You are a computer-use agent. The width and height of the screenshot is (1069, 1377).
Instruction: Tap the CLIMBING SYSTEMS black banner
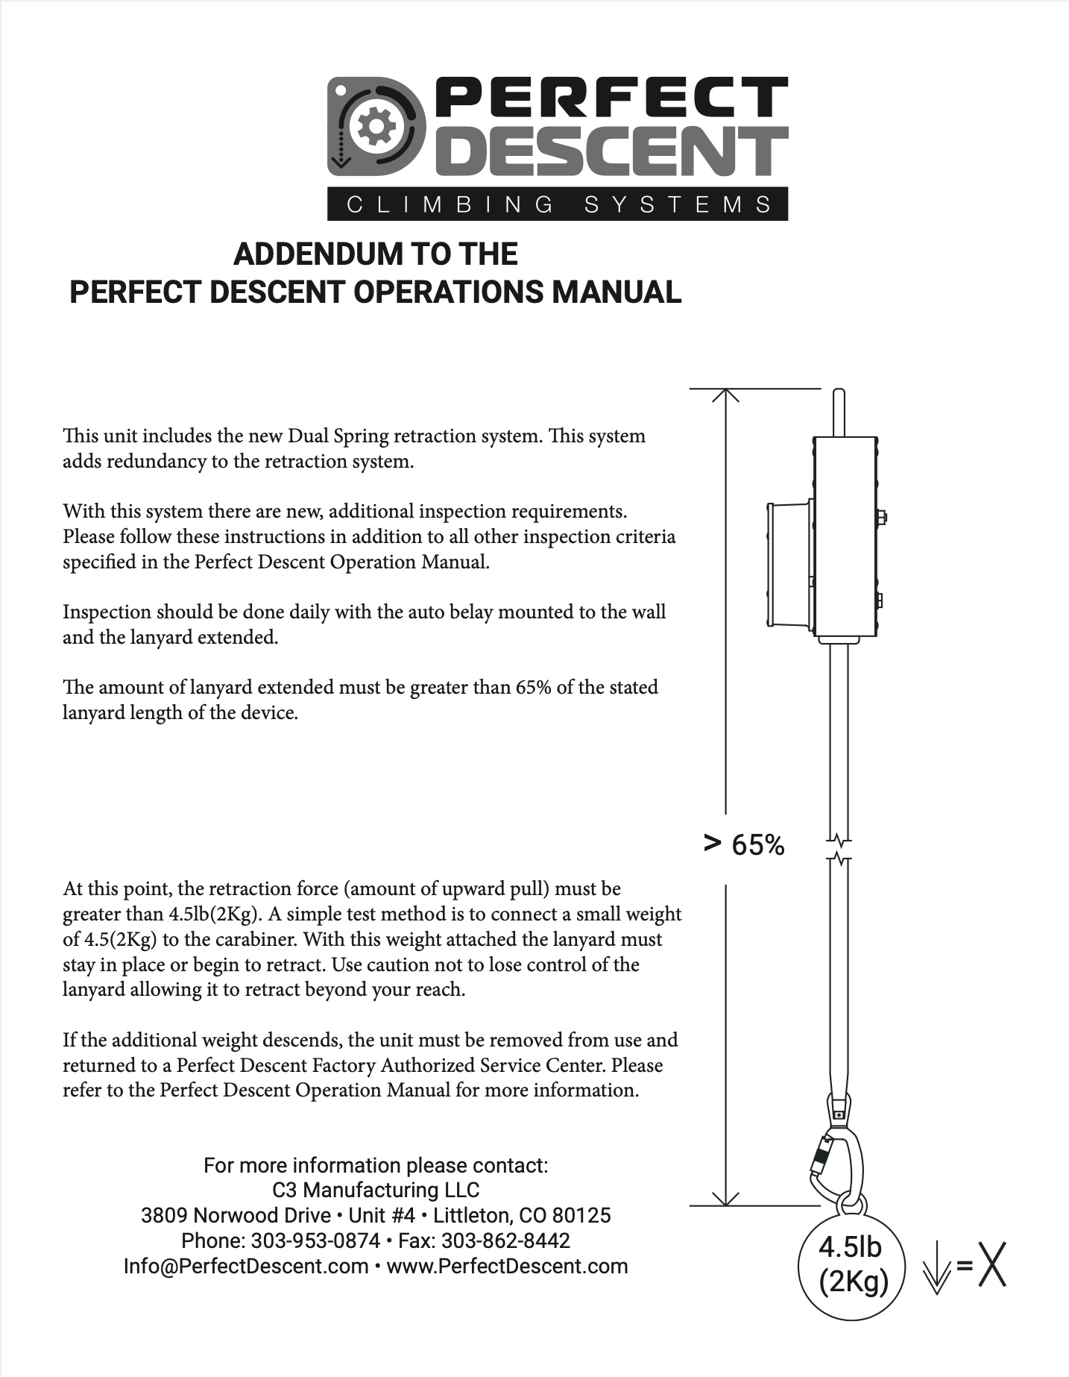coord(558,204)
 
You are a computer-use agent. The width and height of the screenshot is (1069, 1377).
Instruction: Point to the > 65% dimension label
coord(744,844)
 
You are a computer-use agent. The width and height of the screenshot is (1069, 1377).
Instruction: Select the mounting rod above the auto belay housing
coord(838,413)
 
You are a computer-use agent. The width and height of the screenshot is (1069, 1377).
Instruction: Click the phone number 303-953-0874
coord(316,1240)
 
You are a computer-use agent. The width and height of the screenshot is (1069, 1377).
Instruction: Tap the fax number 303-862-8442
coord(505,1240)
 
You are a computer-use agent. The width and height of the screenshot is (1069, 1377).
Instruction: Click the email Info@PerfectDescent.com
coord(246,1266)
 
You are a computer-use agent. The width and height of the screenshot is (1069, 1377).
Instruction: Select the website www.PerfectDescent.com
coord(507,1266)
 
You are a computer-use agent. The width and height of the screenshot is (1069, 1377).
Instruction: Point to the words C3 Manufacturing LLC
coord(376,1190)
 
